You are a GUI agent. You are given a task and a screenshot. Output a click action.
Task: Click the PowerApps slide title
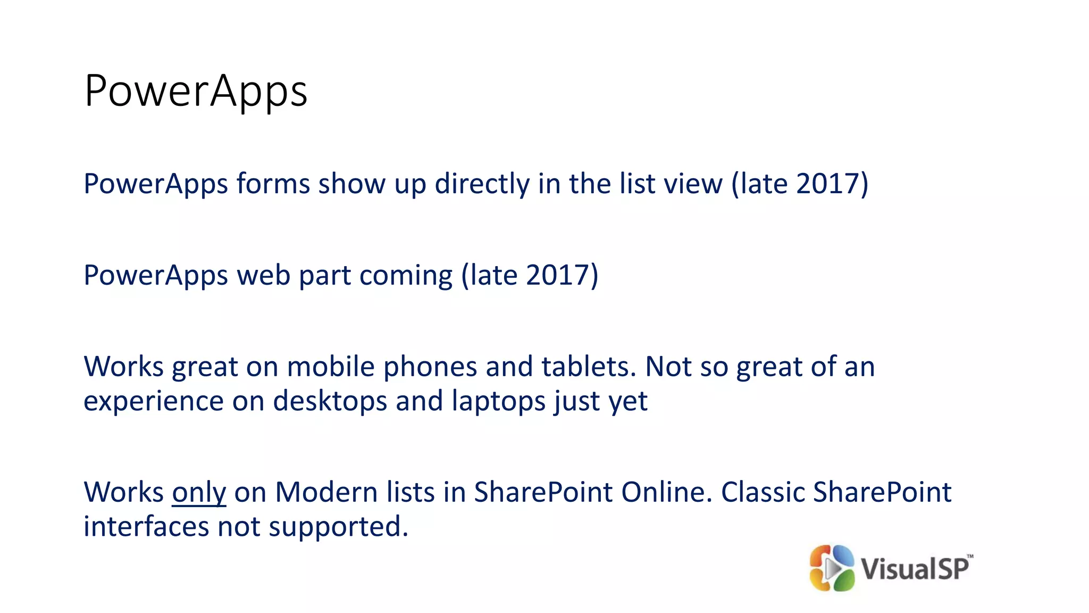click(196, 92)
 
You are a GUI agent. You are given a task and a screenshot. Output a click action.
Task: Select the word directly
click(482, 184)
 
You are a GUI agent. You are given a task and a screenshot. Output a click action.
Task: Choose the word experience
click(154, 402)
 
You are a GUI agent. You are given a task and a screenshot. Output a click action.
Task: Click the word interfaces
click(146, 527)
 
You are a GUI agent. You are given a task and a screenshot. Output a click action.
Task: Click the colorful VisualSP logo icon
click(832, 568)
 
